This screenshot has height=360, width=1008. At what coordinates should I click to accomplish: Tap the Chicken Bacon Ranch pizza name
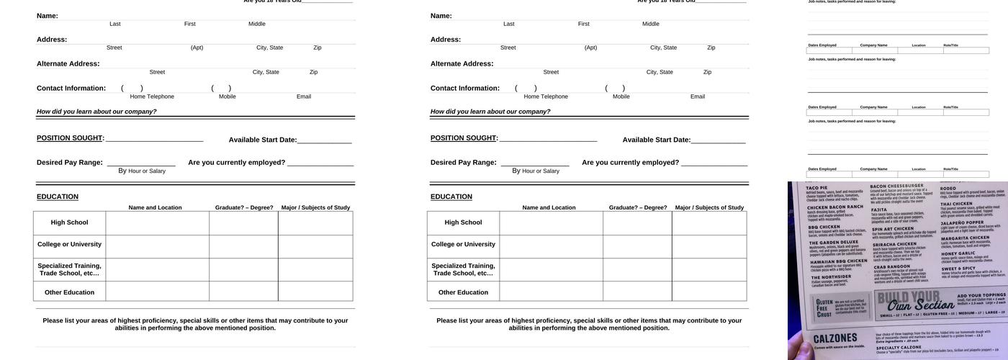click(835, 207)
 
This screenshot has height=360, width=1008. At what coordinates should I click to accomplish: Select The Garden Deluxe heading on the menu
click(833, 243)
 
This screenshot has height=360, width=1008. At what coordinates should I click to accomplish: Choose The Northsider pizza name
click(832, 276)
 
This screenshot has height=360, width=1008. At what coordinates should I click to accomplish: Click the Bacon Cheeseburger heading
click(896, 186)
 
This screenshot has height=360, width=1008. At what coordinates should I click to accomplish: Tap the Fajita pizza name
click(879, 210)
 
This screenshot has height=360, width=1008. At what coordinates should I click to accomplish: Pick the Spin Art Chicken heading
click(893, 229)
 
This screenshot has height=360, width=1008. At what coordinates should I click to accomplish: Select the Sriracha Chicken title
click(895, 244)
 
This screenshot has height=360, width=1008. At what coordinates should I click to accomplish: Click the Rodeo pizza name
click(948, 188)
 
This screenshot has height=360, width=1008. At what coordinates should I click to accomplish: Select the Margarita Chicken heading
click(965, 238)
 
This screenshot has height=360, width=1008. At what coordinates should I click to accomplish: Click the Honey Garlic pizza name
click(958, 253)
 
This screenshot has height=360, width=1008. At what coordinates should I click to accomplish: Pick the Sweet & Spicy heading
click(958, 269)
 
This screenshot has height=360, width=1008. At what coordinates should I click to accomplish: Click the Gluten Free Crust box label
click(824, 308)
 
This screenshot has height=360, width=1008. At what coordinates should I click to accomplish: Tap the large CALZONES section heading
click(835, 338)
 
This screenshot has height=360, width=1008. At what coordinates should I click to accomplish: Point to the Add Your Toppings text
click(981, 295)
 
